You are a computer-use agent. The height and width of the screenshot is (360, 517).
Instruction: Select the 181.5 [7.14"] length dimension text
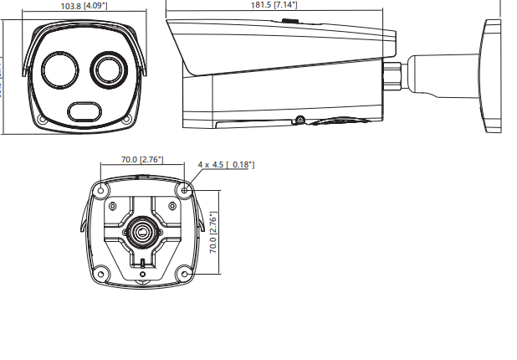[x=274, y=5]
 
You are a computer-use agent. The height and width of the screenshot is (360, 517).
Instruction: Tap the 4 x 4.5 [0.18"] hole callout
[x=226, y=165]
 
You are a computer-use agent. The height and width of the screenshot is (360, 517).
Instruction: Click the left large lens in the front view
[x=61, y=69]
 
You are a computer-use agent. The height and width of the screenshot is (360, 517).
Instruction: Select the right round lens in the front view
[x=108, y=68]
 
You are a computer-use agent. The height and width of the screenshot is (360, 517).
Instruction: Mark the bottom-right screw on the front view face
[x=126, y=120]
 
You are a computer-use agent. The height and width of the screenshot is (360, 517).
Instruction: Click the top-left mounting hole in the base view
[x=101, y=191]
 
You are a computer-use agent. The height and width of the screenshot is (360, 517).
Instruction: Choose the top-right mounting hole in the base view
[x=184, y=191]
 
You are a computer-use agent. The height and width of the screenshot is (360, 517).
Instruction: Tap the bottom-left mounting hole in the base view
[x=101, y=272]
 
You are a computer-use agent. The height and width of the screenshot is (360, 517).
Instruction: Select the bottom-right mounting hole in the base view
[x=184, y=272]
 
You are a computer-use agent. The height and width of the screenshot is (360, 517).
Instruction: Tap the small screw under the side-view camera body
[x=299, y=118]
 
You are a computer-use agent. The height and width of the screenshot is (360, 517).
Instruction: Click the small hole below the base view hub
[x=142, y=273]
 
